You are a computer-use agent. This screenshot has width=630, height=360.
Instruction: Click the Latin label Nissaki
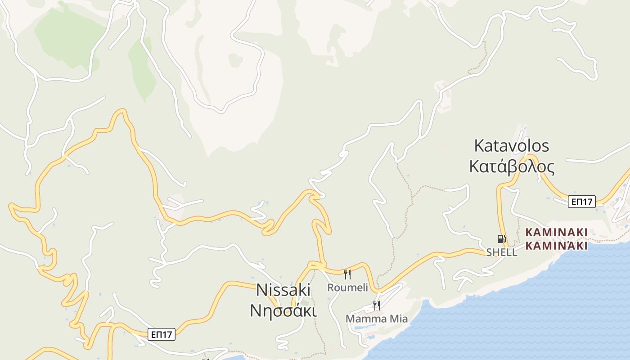(283, 290)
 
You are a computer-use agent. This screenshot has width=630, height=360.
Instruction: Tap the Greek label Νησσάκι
(283, 310)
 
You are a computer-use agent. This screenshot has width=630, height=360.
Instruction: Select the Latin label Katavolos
(512, 146)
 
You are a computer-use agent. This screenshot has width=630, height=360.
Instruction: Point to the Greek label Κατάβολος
(512, 166)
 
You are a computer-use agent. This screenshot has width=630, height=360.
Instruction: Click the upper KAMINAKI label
(556, 232)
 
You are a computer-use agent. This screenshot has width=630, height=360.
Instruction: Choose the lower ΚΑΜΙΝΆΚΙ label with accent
(556, 246)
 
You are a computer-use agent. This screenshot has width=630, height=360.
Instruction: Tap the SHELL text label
(501, 252)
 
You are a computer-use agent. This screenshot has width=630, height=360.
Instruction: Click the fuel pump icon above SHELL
(501, 239)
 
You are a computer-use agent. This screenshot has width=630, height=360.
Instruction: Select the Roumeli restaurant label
(347, 288)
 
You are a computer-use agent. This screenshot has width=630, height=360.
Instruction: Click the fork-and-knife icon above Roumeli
(347, 274)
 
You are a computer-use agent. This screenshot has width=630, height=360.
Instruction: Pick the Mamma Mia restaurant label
(377, 319)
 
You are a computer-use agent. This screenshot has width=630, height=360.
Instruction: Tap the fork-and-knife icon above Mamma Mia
(376, 306)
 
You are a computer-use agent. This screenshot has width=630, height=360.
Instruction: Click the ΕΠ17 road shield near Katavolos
(581, 202)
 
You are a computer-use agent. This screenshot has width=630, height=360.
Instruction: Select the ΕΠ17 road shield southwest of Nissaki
(162, 334)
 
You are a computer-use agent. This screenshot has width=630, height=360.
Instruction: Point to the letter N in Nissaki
(261, 290)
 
